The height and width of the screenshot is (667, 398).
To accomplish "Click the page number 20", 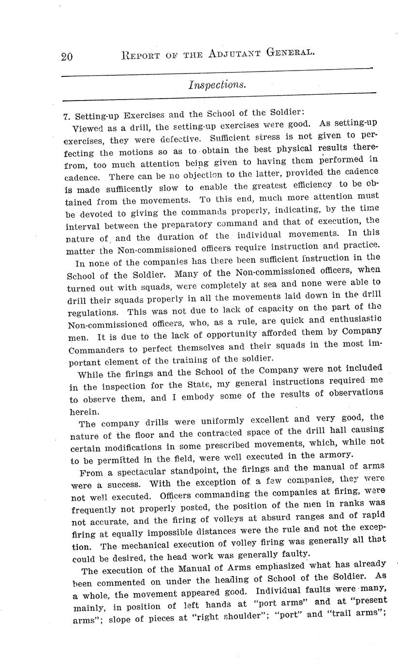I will [66, 56].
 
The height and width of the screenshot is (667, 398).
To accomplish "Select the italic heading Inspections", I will [217, 84].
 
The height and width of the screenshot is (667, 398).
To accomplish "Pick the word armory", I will [336, 454].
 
